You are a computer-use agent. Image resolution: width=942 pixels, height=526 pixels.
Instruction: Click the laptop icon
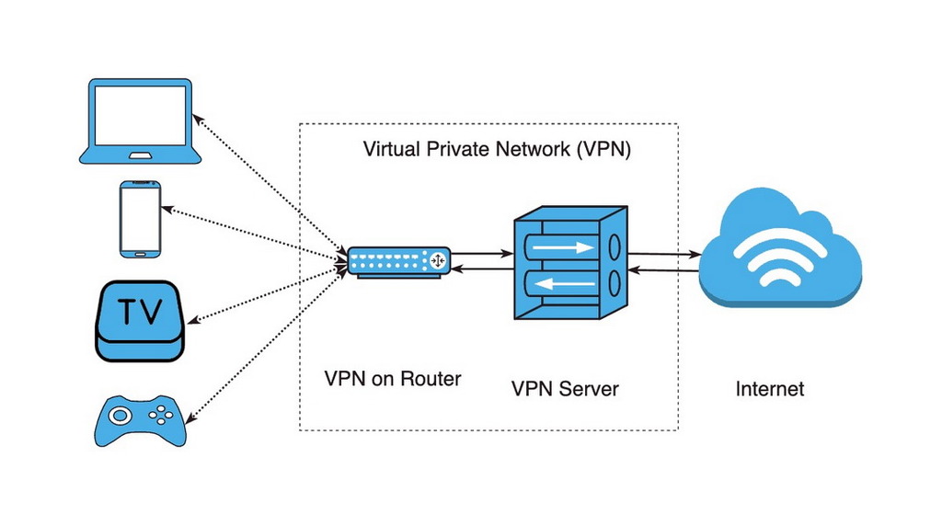tap(140, 121)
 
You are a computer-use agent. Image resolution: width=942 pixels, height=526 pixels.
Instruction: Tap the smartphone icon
tap(140, 219)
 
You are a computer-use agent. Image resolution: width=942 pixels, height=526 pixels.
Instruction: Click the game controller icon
tap(140, 420)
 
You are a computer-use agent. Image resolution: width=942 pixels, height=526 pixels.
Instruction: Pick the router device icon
tap(397, 261)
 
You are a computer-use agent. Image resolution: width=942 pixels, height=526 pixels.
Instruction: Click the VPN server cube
tap(568, 263)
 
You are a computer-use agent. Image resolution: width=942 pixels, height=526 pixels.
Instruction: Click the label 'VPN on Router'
tap(393, 378)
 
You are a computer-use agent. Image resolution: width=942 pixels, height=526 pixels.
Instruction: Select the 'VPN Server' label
tap(565, 389)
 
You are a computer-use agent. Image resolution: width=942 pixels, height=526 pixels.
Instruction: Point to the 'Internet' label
tap(769, 389)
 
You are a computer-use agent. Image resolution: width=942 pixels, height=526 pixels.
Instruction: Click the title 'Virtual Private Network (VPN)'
tap(497, 149)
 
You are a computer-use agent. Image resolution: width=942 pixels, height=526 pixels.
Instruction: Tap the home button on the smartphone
tap(140, 253)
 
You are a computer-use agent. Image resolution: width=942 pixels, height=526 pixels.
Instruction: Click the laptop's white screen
tap(140, 114)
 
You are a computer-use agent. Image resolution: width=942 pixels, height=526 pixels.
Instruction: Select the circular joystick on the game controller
tap(119, 415)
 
